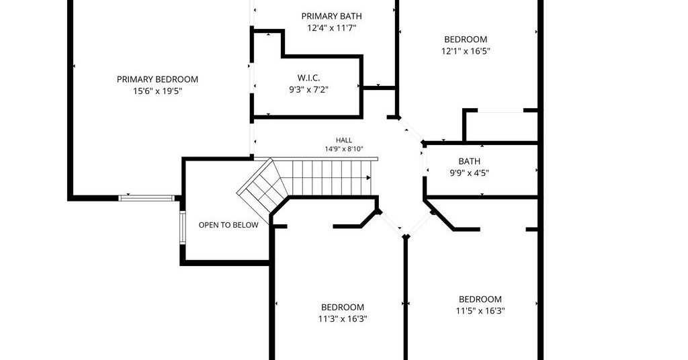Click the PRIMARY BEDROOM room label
point(157,79)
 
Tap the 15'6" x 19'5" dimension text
point(157,91)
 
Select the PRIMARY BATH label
point(332,16)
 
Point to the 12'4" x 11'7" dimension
point(332,28)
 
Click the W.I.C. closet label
point(308,78)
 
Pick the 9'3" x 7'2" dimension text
point(308,90)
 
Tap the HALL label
point(344,140)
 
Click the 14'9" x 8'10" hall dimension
point(344,149)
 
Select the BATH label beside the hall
point(470,161)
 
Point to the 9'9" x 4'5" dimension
point(470,173)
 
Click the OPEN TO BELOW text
point(228,225)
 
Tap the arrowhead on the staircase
point(369,177)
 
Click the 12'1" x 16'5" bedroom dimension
point(466,51)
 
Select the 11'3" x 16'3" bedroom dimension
point(343,319)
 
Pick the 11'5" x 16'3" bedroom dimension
point(480,312)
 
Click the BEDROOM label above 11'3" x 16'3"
point(343,308)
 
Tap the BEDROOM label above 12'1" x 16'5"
point(466,39)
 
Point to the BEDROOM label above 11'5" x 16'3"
point(480,300)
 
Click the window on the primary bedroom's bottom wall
point(147,198)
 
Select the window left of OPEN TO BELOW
point(183,228)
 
